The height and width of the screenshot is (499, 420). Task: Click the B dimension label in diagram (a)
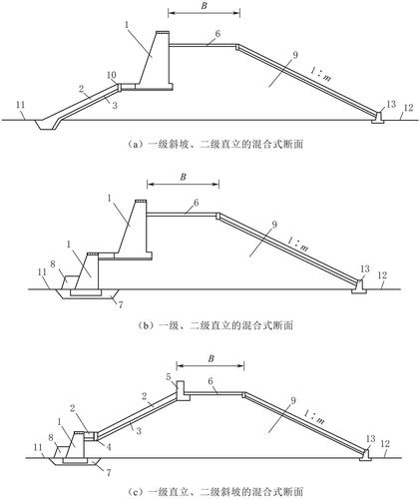[x=204, y=7]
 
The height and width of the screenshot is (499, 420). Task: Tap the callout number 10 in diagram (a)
[x=112, y=76]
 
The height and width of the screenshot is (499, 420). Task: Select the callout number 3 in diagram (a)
[x=115, y=106]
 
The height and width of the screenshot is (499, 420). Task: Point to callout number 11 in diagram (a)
[x=20, y=105]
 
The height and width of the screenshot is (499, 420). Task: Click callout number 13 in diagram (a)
[x=391, y=104]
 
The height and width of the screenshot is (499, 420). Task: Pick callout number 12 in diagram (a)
[x=409, y=108]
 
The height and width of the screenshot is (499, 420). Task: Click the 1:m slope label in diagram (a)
[x=320, y=76]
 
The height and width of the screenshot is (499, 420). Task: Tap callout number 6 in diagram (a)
[x=217, y=34]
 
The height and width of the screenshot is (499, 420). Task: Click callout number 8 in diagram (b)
[x=53, y=264]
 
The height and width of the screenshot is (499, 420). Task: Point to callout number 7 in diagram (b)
[x=121, y=304]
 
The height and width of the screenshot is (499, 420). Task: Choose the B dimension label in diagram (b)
[x=183, y=177]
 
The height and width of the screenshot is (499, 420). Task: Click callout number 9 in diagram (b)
[x=274, y=225]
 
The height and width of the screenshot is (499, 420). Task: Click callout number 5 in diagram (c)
[x=169, y=377]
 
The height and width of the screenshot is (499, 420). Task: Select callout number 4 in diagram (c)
[x=109, y=447]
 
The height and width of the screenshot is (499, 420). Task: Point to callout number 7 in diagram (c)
[x=109, y=472]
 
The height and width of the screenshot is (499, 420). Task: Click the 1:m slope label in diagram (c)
[x=313, y=417]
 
